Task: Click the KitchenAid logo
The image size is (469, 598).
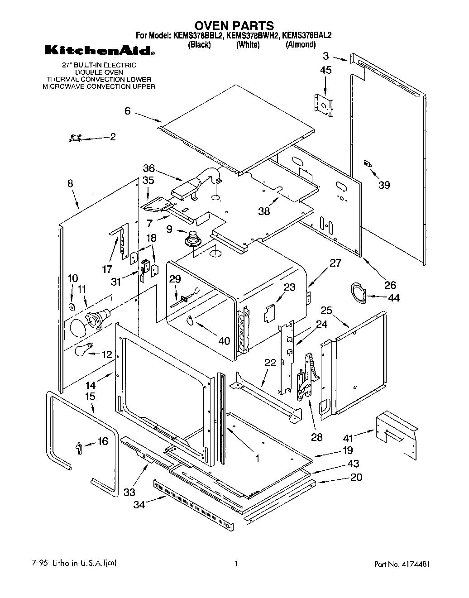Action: pos(100,51)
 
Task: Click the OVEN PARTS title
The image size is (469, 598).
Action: pos(234,25)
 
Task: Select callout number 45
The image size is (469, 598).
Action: pos(325,70)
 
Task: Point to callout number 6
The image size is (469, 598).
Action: pos(128,110)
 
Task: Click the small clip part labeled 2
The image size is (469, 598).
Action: pos(75,139)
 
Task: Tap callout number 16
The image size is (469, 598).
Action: pos(103,440)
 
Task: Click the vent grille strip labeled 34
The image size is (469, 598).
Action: pos(194,505)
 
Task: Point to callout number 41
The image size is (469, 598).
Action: pos(347,438)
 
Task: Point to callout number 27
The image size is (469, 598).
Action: pos(335,263)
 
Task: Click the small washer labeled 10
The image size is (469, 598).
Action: pos(72,307)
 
